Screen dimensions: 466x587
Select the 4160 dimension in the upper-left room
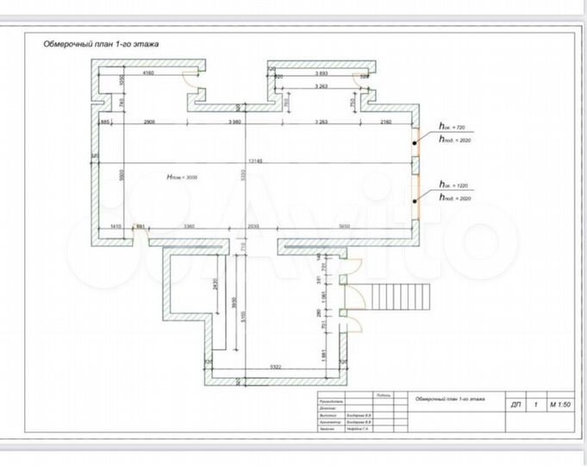point(147,74)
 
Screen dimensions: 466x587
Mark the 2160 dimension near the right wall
point(384,123)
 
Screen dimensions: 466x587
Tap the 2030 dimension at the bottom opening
point(253,226)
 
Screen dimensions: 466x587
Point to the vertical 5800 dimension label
point(122,174)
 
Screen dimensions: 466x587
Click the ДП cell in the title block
point(515,403)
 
